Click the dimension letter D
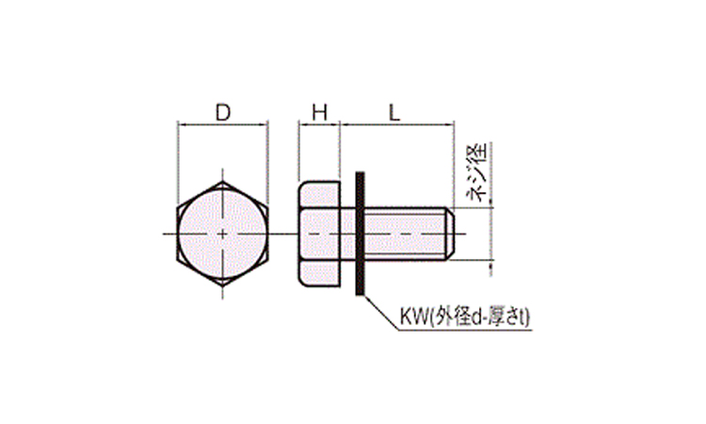223,113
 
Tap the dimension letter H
320,113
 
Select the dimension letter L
394,113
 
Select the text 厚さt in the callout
508,318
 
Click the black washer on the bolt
360,234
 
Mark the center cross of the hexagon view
222,234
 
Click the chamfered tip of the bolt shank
450,234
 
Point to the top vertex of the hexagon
222,182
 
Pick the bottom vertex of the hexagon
222,285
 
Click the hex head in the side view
320,234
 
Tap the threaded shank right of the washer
409,234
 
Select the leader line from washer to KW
381,313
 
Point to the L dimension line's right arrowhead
450,125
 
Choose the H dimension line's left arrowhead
302,125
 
